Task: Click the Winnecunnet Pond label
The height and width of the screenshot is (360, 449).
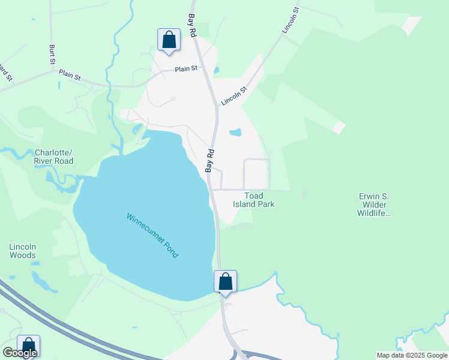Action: click(x=152, y=235)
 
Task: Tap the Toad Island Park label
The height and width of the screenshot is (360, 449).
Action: click(x=254, y=200)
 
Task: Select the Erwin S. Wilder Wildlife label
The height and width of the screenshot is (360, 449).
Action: click(x=374, y=205)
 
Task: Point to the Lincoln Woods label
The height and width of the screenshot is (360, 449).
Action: click(x=23, y=251)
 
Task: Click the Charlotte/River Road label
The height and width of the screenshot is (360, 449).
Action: click(x=54, y=157)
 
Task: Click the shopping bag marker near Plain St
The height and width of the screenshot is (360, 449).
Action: click(x=169, y=40)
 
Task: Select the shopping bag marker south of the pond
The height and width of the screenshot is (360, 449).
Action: click(x=225, y=281)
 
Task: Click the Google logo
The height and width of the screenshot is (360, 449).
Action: click(x=20, y=353)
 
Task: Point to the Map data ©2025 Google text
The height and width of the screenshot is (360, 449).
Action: click(x=411, y=355)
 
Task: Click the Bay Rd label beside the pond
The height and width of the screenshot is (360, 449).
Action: click(x=210, y=161)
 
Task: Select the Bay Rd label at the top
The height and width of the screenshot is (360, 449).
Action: click(x=193, y=26)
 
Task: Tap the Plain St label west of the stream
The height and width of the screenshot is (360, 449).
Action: click(x=70, y=75)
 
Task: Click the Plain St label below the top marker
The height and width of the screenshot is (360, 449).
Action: click(x=186, y=69)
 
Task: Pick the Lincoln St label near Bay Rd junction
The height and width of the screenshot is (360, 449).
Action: click(x=234, y=97)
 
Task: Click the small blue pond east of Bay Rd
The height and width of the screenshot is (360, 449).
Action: click(x=235, y=133)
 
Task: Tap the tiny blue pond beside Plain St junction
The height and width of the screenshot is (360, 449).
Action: click(x=216, y=70)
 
